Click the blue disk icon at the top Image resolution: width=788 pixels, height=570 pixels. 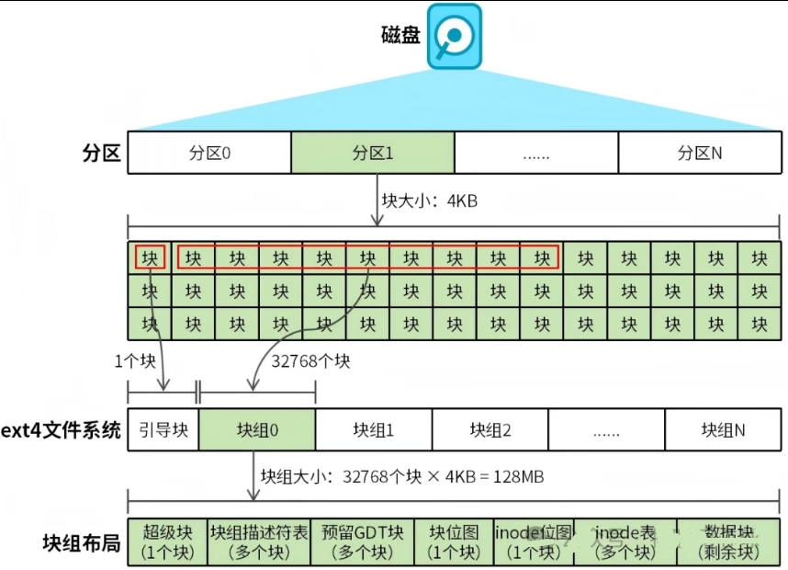pyautogui.click(x=454, y=37)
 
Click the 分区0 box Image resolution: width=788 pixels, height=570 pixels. pyautogui.click(x=209, y=153)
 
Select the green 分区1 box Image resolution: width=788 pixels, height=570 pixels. pyautogui.click(x=372, y=153)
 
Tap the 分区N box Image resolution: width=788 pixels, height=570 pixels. pyautogui.click(x=700, y=153)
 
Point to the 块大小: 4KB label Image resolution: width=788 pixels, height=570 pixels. pyautogui.click(x=429, y=200)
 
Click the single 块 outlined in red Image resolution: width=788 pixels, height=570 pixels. pyautogui.click(x=150, y=258)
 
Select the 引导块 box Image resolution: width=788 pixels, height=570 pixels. pyautogui.click(x=163, y=429)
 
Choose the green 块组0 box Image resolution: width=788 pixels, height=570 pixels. pyautogui.click(x=257, y=429)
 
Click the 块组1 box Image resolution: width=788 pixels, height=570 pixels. pyautogui.click(x=374, y=429)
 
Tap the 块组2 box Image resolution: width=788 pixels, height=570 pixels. pyautogui.click(x=490, y=429)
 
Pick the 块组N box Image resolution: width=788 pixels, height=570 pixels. pyautogui.click(x=723, y=429)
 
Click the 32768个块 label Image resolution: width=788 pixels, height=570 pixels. pyautogui.click(x=310, y=361)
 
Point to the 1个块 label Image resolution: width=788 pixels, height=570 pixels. pyautogui.click(x=136, y=361)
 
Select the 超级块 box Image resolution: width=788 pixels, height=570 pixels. pyautogui.click(x=168, y=541)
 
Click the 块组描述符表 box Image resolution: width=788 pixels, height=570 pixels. pyautogui.click(x=259, y=541)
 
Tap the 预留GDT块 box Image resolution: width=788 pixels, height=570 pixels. pyautogui.click(x=363, y=541)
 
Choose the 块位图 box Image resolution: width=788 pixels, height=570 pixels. pyautogui.click(x=454, y=541)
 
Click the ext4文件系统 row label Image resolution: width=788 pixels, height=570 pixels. pyautogui.click(x=61, y=429)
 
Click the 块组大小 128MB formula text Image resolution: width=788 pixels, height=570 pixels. pyautogui.click(x=404, y=476)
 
